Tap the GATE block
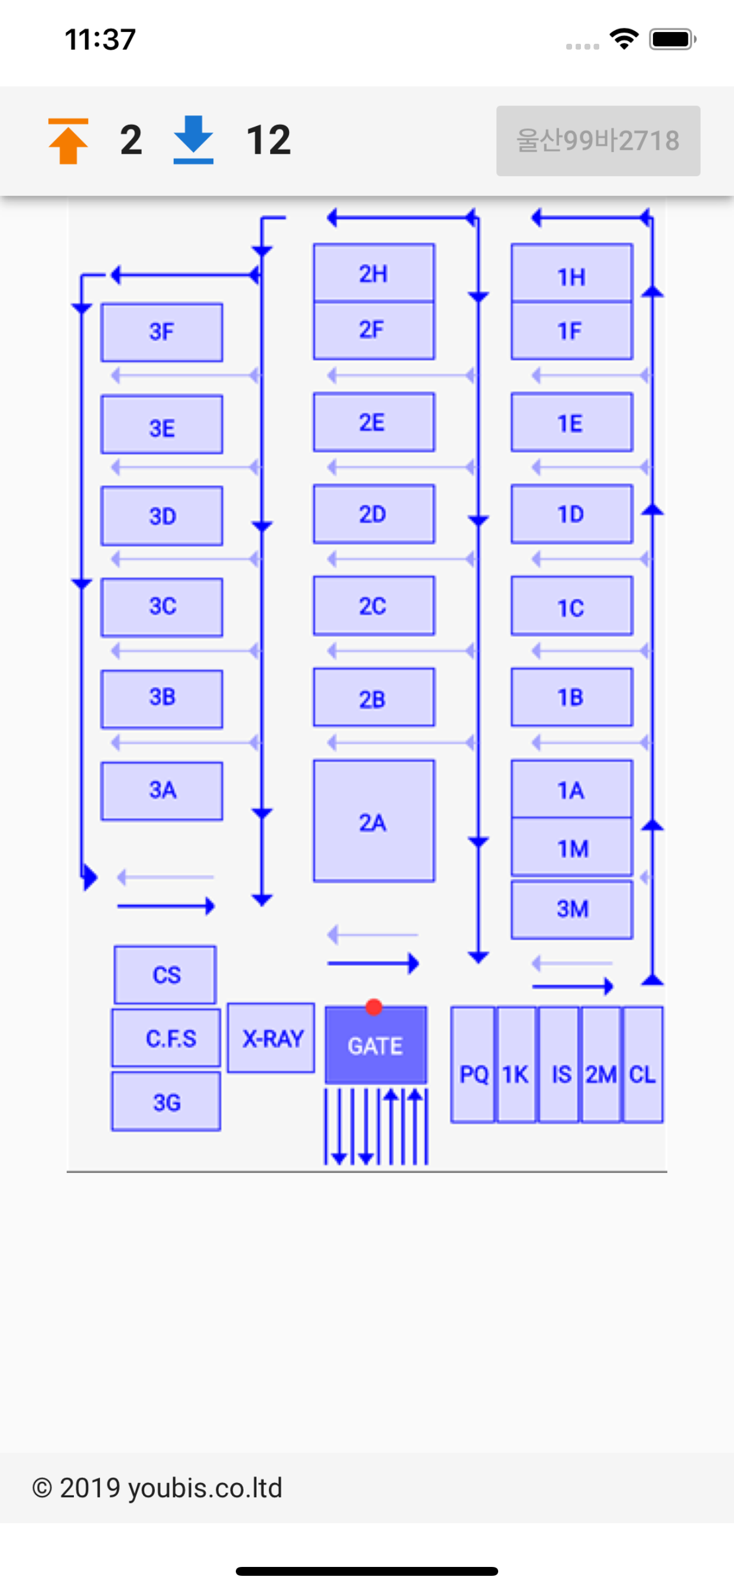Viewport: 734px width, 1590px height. click(x=376, y=1045)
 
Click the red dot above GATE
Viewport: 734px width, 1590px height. click(x=374, y=1007)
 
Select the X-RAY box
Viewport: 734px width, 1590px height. click(x=271, y=1038)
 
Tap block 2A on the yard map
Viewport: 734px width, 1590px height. click(x=374, y=821)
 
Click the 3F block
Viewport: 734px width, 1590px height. click(x=161, y=332)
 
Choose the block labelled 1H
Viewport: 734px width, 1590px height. click(x=572, y=273)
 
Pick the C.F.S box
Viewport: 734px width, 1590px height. click(x=166, y=1038)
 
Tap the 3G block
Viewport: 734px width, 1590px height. click(x=166, y=1102)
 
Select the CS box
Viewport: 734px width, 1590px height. click(x=165, y=975)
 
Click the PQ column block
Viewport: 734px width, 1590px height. click(x=472, y=1065)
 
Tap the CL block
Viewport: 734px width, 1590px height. click(x=643, y=1065)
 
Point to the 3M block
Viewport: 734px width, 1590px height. click(x=572, y=910)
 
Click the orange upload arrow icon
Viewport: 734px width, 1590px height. click(x=69, y=141)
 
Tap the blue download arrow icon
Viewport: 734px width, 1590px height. click(x=193, y=140)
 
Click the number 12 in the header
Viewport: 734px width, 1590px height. click(x=268, y=140)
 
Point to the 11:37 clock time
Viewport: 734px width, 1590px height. click(x=100, y=40)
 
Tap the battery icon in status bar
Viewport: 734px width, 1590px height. click(x=673, y=40)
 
